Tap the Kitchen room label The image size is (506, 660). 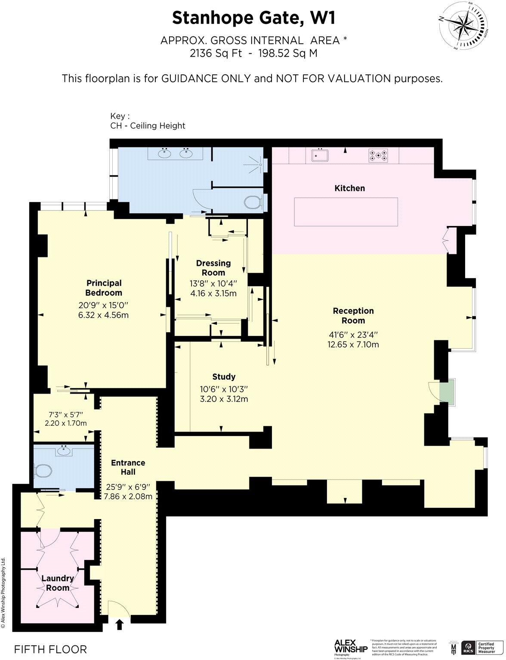click(x=349, y=188)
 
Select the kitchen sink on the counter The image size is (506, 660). click(x=319, y=155)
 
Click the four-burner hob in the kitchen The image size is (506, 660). click(x=378, y=155)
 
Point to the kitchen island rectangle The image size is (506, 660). click(x=346, y=212)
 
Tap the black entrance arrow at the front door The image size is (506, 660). click(x=119, y=624)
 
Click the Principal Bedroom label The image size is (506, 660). click(x=104, y=288)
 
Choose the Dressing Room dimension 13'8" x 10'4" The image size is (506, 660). click(x=213, y=283)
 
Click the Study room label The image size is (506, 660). click(x=224, y=377)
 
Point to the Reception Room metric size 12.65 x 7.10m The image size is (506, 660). click(x=353, y=344)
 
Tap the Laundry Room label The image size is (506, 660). click(x=58, y=583)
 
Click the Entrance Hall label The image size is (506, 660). click(x=128, y=467)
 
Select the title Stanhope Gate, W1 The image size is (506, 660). click(x=253, y=18)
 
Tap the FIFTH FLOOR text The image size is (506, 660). click(x=50, y=649)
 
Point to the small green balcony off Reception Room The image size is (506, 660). click(x=447, y=391)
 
